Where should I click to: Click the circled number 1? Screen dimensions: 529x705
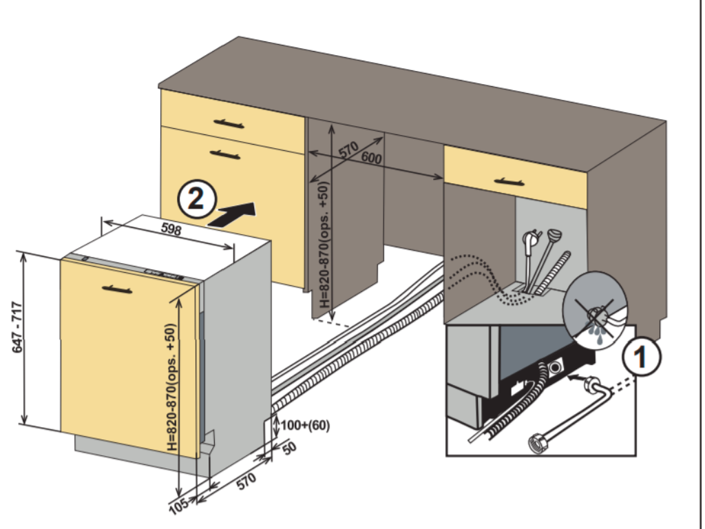click(x=642, y=357)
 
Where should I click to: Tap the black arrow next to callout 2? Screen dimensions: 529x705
click(x=232, y=214)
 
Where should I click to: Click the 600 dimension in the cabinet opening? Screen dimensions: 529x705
click(x=370, y=158)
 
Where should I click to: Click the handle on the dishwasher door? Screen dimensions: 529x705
click(x=116, y=289)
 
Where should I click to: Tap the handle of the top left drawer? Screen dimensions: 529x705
click(x=229, y=124)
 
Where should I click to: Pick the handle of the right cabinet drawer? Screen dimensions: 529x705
click(x=509, y=182)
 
